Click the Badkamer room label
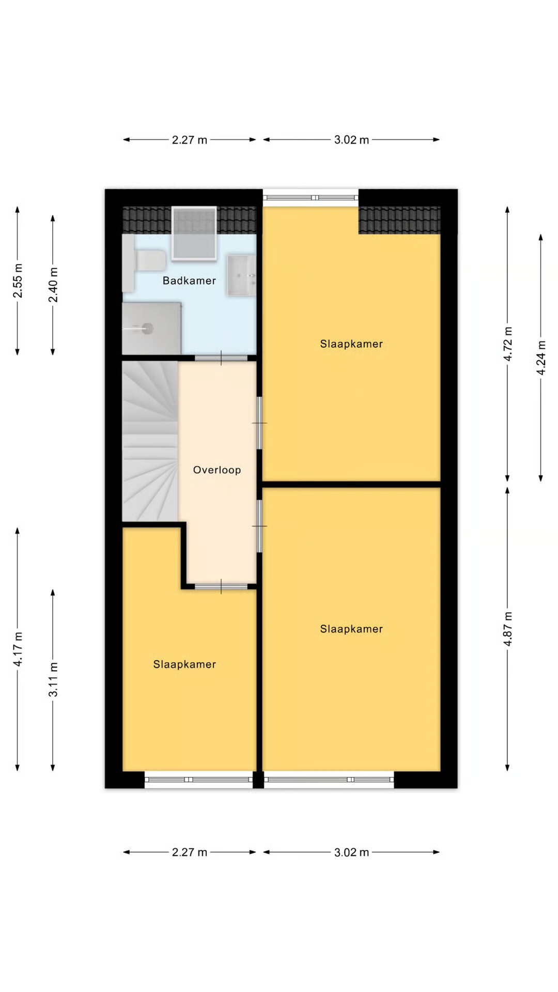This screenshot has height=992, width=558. point(189,281)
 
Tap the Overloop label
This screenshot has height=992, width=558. point(217,470)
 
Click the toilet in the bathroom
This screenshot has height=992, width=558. point(145,261)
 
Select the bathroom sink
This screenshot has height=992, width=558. point(241,275)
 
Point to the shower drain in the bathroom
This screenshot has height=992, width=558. point(147,328)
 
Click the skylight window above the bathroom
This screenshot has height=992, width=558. point(194,233)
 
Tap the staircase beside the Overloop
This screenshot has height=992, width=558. point(150,441)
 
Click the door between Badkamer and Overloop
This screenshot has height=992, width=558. point(221,358)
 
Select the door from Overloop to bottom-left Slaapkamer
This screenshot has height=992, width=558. point(221,586)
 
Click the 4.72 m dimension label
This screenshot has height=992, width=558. point(508,344)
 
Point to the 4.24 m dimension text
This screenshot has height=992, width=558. point(541,358)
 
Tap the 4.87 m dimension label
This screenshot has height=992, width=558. point(508,628)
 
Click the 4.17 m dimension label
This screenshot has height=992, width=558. point(18,649)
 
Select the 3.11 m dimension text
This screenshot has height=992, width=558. point(53,679)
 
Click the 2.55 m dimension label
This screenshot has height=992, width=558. point(18,281)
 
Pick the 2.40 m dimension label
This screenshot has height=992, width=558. point(53,285)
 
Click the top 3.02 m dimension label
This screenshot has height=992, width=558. point(351,139)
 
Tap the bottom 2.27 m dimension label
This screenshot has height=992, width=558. point(190,852)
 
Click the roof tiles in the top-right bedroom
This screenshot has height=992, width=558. point(399,220)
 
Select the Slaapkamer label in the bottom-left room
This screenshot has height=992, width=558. point(184,664)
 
